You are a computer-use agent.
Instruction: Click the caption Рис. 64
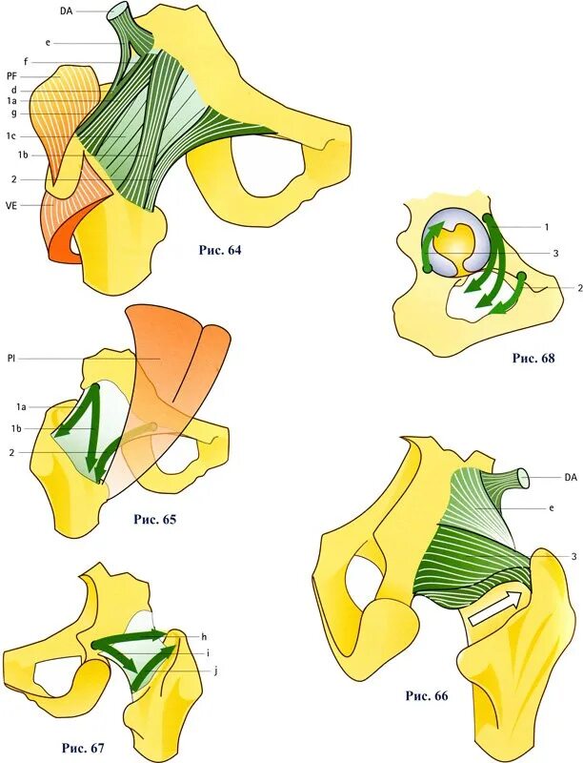[x=219, y=251]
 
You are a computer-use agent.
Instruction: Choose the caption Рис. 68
[x=533, y=358]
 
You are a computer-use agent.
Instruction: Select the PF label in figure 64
[x=11, y=75]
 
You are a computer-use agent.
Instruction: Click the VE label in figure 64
[x=11, y=203]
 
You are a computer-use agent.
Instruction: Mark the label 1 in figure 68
[x=546, y=227]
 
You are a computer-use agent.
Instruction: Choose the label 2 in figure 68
[x=578, y=286]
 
